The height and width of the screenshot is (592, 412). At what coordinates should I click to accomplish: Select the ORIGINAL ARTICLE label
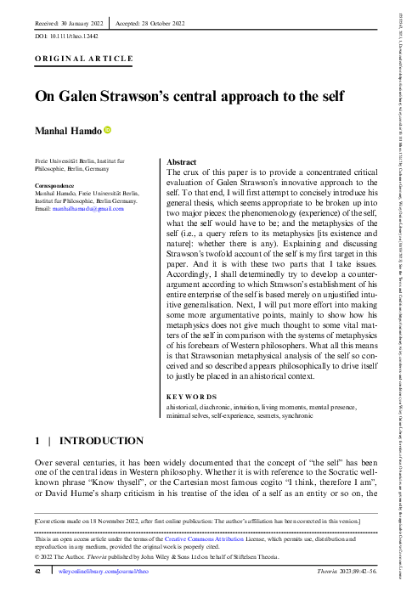click(x=83, y=59)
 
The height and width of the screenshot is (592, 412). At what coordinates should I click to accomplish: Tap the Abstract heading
click(x=183, y=161)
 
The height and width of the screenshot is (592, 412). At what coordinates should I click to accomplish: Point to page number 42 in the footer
click(x=37, y=572)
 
